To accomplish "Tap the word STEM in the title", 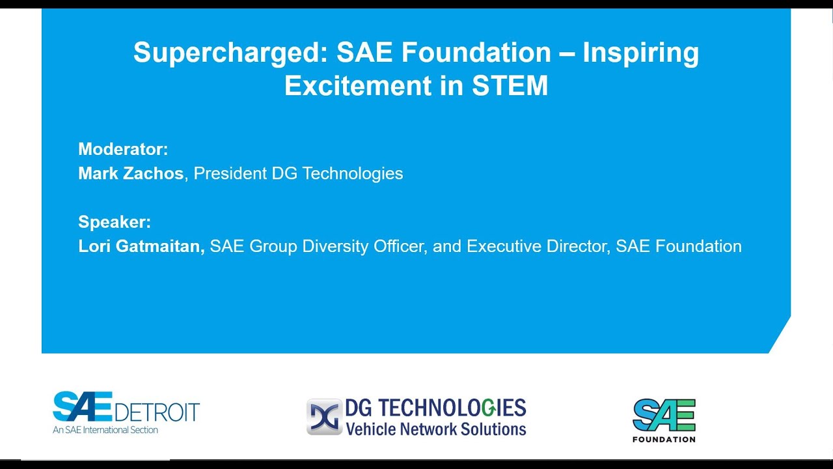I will [x=510, y=86].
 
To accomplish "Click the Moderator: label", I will [x=123, y=149].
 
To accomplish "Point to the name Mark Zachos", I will [x=131, y=173].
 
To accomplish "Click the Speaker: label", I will [x=115, y=222].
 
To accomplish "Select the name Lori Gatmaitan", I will [x=141, y=246].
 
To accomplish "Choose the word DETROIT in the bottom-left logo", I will [x=157, y=412].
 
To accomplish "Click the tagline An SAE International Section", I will [x=105, y=430].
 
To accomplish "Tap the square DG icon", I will [x=324, y=417].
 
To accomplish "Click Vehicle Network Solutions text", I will [x=435, y=429].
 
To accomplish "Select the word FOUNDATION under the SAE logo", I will [x=664, y=439].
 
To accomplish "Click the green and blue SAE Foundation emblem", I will [x=664, y=414].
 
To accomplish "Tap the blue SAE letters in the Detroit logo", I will [x=83, y=407].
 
